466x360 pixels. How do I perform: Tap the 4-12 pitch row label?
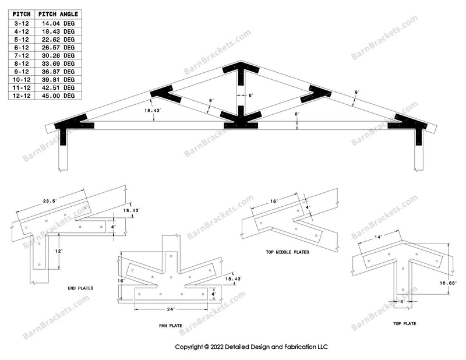23,30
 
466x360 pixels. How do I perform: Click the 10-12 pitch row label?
23,79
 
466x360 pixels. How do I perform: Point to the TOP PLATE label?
404,323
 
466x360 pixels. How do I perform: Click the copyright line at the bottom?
252,347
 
